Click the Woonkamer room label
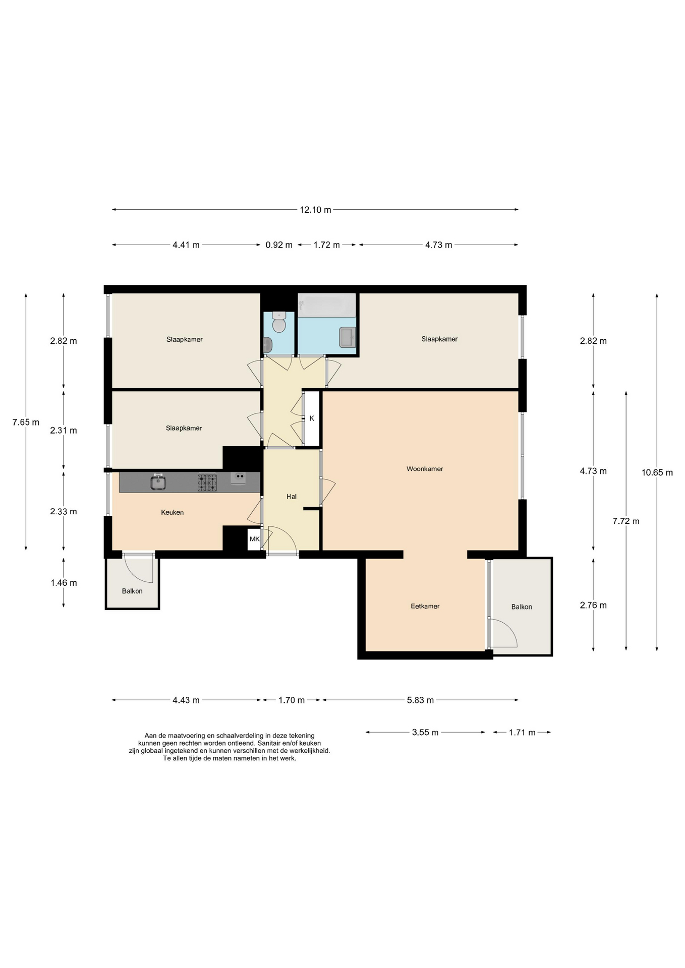pos(425,469)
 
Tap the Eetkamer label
pos(425,606)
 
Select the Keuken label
pos(172,512)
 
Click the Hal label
pos(292,497)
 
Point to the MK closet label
pos(254,539)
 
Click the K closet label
pos(312,418)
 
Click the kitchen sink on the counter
pos(158,482)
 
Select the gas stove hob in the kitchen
pos(207,482)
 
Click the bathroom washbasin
pos(348,337)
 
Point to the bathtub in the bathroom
pos(327,305)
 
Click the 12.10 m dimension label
pos(315,210)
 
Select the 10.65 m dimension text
pos(657,472)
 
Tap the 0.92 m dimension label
pos(279,245)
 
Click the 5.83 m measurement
pos(420,700)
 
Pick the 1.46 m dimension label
pos(64,583)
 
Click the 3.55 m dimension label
pos(425,732)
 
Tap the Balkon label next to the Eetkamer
pos(522,607)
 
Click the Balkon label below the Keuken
pos(132,591)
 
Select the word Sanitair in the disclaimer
pos(271,743)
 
